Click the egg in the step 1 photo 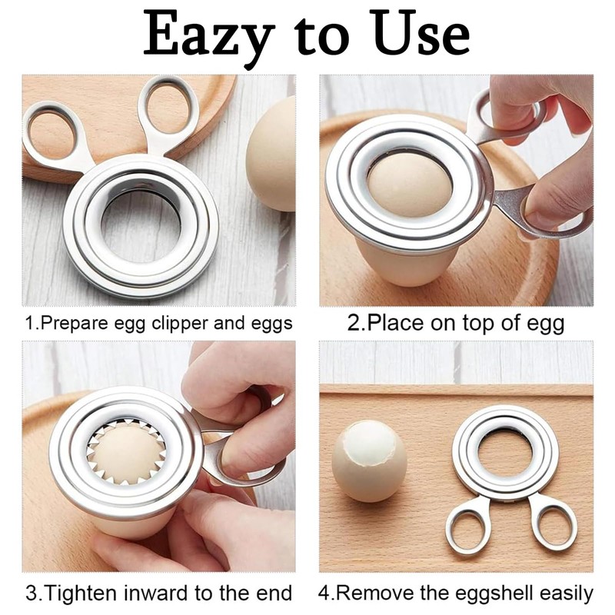pyautogui.click(x=273, y=154)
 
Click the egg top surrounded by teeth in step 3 pyautogui.click(x=127, y=453)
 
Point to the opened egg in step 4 pyautogui.click(x=369, y=462)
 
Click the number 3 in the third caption pyautogui.click(x=31, y=593)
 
